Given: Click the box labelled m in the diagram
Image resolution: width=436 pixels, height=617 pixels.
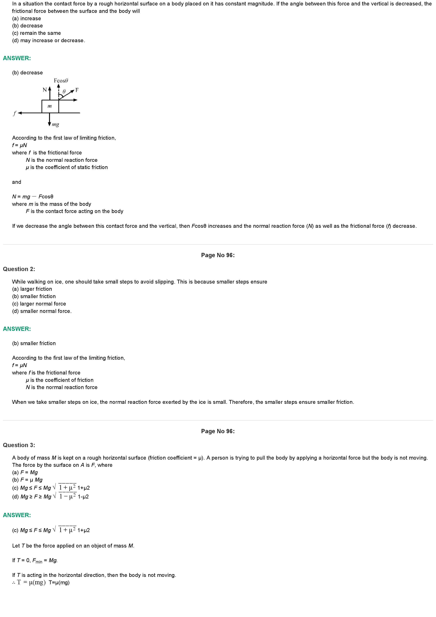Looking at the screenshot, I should pos(50,106).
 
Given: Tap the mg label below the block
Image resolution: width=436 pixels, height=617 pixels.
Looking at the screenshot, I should pos(55,124).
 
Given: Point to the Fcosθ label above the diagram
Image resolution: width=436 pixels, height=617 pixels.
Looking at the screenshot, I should pos(61,81).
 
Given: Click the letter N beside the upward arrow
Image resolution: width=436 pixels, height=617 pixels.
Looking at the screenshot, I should pos(45,90).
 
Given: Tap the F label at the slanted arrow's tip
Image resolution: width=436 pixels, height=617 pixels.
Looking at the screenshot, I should pos(77,90).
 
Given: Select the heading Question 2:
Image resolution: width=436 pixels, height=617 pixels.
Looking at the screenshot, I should pos(19,269).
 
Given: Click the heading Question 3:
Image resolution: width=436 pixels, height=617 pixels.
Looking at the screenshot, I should pos(19,445).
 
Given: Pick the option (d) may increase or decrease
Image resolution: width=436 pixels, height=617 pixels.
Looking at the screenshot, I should pos(48,40).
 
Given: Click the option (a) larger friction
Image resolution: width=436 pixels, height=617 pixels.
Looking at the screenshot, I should pos(32,289).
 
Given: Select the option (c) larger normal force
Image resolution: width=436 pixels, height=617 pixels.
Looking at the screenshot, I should pos(39,304).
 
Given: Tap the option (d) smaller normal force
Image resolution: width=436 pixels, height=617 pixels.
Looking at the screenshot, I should pos(42,311).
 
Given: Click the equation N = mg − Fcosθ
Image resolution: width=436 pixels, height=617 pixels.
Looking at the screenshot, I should pos(33,196).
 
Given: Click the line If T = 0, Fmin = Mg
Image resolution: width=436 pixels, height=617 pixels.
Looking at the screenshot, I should pos(35,560).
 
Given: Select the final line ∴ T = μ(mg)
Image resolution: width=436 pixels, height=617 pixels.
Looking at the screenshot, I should pos(41,582).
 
